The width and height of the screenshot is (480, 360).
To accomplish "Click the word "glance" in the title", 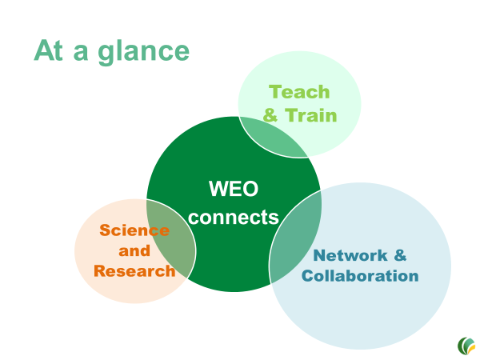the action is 143,52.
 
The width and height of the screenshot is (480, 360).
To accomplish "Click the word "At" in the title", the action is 48,50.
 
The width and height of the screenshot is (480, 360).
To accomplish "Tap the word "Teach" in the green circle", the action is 299,92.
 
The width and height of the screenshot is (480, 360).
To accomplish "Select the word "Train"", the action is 310,115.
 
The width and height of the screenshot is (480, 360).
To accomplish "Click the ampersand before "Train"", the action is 270,115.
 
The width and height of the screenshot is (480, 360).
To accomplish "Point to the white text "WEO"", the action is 234,189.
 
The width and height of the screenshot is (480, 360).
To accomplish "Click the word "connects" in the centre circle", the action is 234,218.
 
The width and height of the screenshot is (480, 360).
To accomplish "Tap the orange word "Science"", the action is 134,230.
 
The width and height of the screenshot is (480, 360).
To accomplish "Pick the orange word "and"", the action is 134,251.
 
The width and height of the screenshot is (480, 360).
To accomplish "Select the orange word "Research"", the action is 134,271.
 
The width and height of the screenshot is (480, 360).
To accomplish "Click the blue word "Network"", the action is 350,255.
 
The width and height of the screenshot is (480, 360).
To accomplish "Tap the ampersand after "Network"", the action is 400,255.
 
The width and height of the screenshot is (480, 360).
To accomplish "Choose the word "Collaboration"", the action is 360,276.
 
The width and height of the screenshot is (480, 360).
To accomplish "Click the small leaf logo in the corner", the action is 466,346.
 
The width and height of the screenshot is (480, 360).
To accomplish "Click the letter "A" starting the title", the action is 43,50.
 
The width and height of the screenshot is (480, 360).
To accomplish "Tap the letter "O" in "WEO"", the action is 250,189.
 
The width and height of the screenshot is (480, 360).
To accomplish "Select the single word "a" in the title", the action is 81,53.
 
